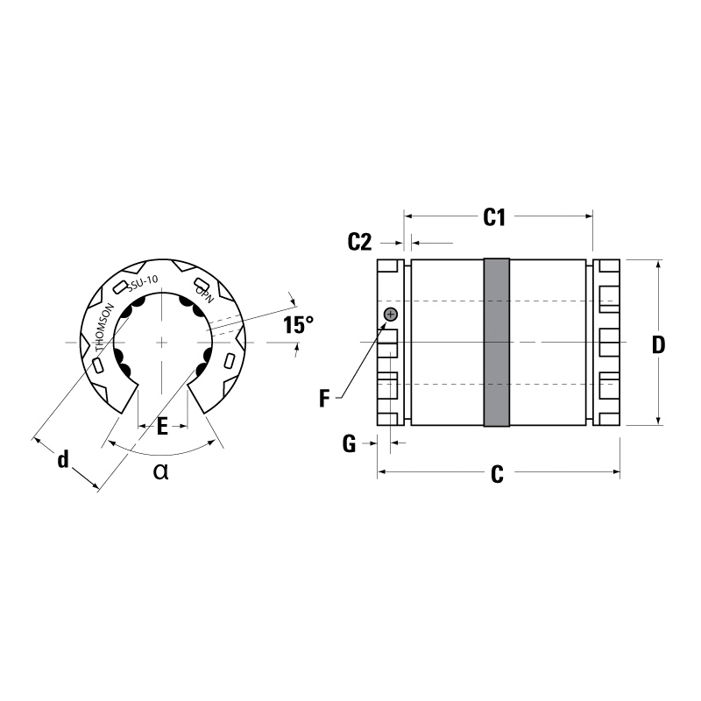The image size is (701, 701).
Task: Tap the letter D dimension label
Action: point(658,344)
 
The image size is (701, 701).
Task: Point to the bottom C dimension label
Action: point(497,475)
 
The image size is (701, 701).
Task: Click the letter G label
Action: point(349,444)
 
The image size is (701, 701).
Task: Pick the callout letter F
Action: point(324,400)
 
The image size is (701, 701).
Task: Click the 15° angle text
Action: point(298,325)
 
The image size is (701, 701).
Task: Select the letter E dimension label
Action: point(162,427)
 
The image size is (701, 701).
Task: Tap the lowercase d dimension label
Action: point(62,459)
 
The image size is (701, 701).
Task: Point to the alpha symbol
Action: point(160,472)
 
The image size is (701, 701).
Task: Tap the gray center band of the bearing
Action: point(497,343)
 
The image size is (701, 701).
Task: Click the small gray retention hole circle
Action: point(391,314)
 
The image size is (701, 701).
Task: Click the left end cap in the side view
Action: point(388,343)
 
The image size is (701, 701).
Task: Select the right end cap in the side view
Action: point(607,343)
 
